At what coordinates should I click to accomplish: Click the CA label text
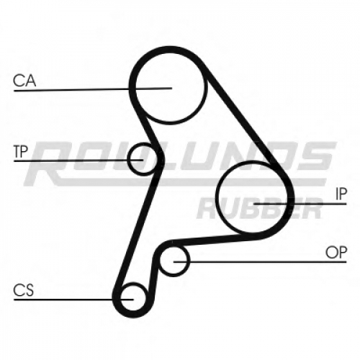(x=24, y=81)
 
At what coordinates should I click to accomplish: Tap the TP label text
(x=21, y=152)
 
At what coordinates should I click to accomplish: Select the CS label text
(x=24, y=290)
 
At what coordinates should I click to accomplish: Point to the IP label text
(x=341, y=194)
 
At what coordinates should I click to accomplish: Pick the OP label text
(x=336, y=253)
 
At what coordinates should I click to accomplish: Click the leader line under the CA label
(x=93, y=89)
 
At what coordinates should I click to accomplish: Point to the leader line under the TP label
(x=78, y=160)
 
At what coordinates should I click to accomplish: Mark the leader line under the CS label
(x=73, y=300)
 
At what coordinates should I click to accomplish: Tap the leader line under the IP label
(x=300, y=204)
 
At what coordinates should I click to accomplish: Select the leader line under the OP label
(x=260, y=261)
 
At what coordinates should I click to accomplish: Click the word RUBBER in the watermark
(x=259, y=208)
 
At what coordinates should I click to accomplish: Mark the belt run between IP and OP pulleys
(x=207, y=240)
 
